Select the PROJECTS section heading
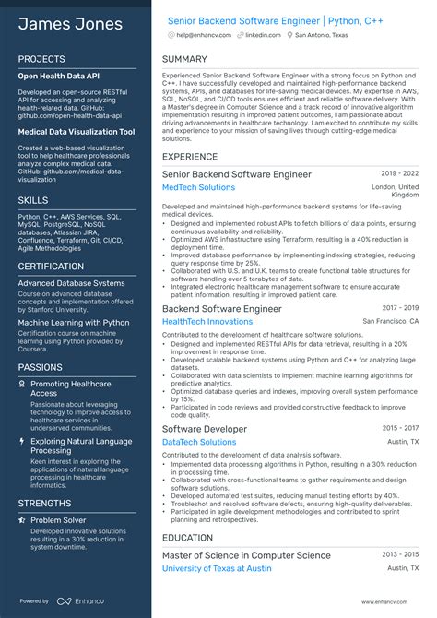41,59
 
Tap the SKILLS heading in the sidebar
33,199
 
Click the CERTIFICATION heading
52,267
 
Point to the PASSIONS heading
41,367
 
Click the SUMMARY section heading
184,59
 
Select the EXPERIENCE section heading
190,157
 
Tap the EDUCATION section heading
188,537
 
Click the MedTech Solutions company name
198,187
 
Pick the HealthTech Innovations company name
207,321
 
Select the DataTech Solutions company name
199,442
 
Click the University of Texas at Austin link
217,568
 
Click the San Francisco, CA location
390,321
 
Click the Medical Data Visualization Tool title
76,132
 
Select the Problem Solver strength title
59,520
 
